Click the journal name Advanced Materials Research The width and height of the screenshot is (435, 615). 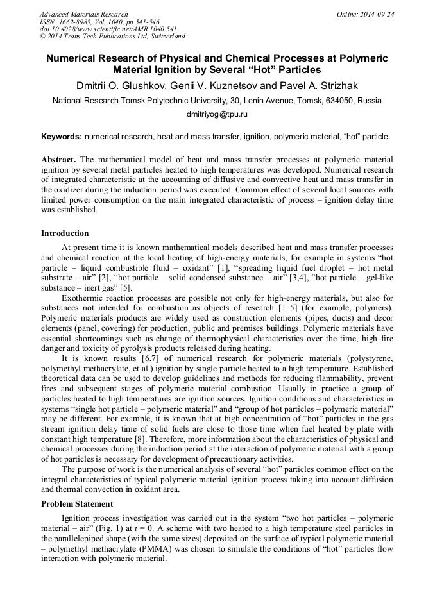(x=83, y=13)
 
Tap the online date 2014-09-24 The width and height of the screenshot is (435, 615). (x=379, y=13)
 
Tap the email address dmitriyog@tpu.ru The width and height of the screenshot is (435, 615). (x=217, y=114)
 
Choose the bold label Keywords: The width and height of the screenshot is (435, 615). (x=62, y=137)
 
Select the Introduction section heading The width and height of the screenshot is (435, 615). (x=65, y=233)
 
